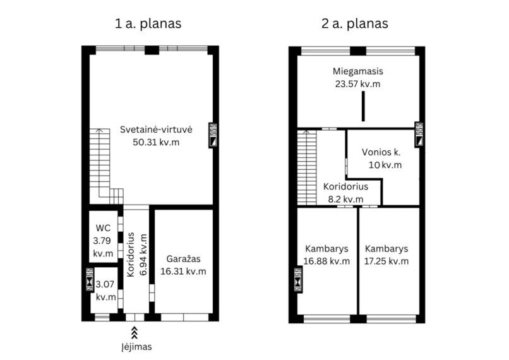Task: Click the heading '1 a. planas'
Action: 148,24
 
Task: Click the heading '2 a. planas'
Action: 355,24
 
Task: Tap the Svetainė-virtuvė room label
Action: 156,129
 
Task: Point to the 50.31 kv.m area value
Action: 156,142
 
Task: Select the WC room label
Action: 103,228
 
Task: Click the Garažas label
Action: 183,259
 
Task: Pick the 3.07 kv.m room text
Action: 105,291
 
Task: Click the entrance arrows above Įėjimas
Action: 134,332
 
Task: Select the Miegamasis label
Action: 357,71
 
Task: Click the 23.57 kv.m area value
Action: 357,84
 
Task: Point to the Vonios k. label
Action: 381,152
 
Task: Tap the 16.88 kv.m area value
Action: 326,261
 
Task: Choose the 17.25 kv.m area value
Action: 386,261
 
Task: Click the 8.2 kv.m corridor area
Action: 345,199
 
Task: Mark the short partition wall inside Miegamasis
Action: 363,106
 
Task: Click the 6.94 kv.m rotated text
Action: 143,255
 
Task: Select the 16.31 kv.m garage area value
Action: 183,272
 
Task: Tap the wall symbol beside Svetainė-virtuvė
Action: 213,135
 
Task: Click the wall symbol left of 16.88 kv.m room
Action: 298,280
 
